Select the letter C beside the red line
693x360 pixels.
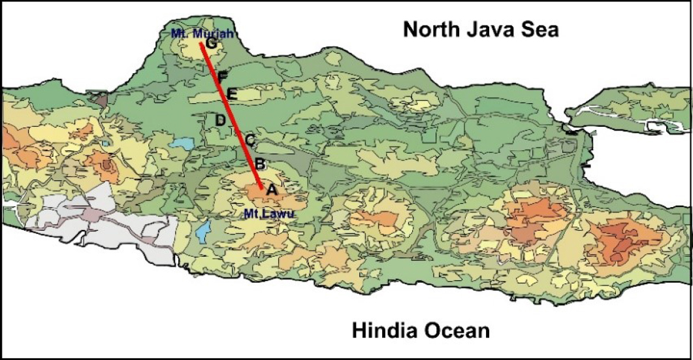(250, 139)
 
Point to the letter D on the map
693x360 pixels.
(220, 120)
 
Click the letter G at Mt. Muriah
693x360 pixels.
(211, 43)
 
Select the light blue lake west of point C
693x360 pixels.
(184, 143)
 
